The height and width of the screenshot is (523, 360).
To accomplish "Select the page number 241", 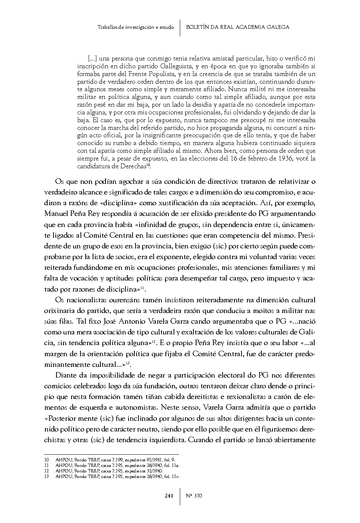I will pyautogui.click(x=169, y=496).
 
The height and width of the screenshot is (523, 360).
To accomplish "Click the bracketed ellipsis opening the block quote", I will pyautogui.click(x=93, y=58).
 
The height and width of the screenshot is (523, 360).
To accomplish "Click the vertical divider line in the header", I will pyautogui.click(x=180, y=28).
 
